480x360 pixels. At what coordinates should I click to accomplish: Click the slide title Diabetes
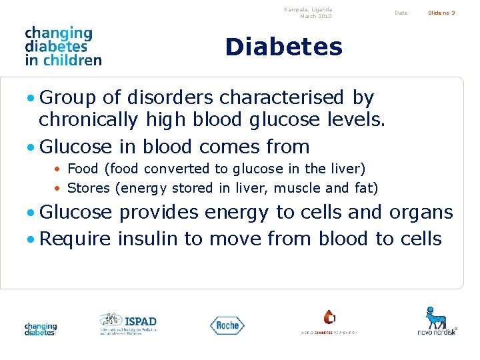point(283,47)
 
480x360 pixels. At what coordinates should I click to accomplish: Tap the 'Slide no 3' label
point(441,13)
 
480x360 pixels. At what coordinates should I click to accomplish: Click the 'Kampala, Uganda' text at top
point(307,9)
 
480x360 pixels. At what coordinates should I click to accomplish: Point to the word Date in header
point(401,13)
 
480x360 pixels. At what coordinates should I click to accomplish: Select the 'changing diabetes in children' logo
point(63,46)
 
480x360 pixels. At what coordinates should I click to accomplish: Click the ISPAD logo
point(128,324)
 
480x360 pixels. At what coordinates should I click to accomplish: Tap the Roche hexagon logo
point(227,325)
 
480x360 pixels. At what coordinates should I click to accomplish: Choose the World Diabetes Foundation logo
point(329,322)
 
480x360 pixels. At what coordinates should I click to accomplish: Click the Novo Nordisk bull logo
point(437,321)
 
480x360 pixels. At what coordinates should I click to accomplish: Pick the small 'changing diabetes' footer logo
point(41,329)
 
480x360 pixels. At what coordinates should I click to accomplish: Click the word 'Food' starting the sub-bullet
point(83,169)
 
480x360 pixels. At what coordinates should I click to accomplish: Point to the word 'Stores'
point(89,188)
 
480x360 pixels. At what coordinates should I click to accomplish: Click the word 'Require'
point(75,239)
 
